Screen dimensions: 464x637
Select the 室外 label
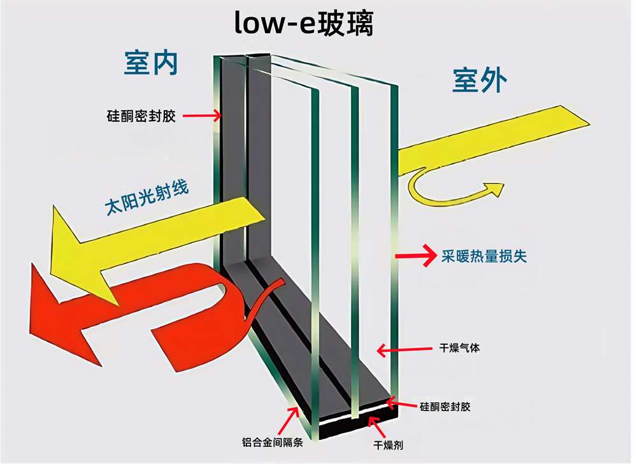pyautogui.click(x=480, y=81)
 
